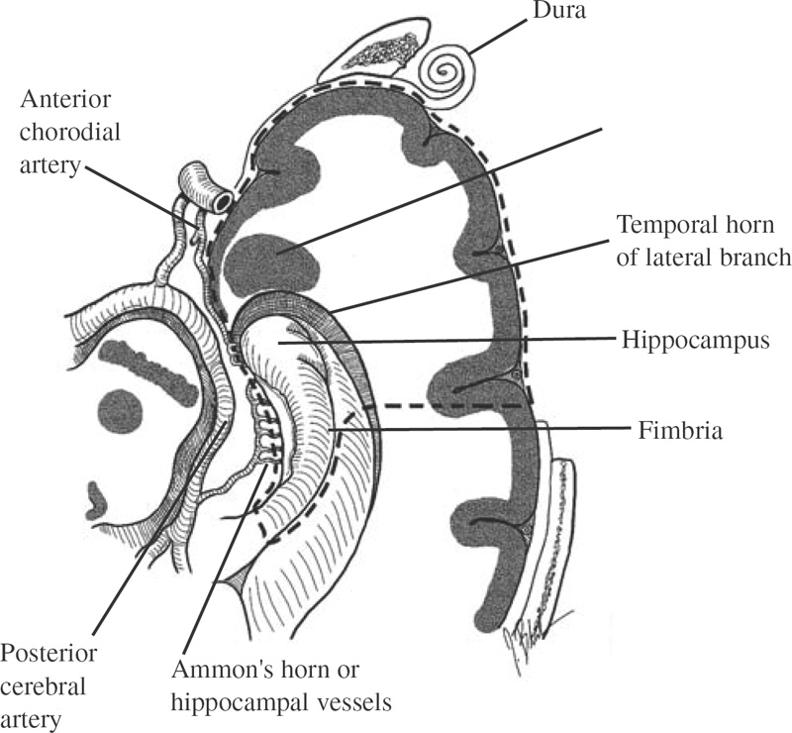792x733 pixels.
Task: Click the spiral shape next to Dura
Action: pyautogui.click(x=443, y=71)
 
